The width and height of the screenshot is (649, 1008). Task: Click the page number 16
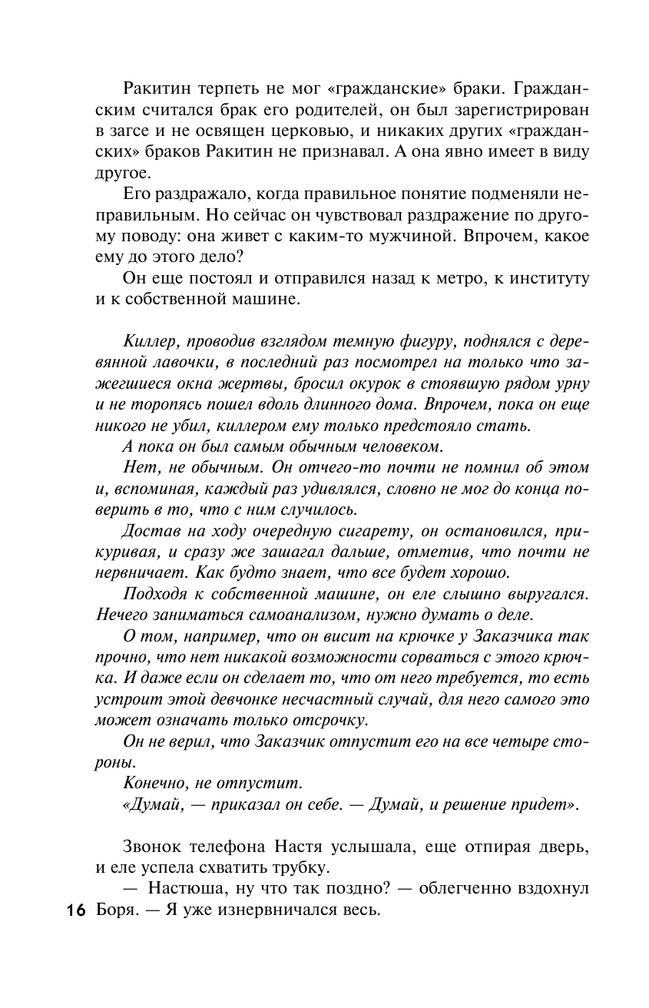click(74, 911)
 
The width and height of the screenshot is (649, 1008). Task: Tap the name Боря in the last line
click(114, 911)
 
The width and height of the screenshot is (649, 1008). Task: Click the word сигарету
click(365, 530)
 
